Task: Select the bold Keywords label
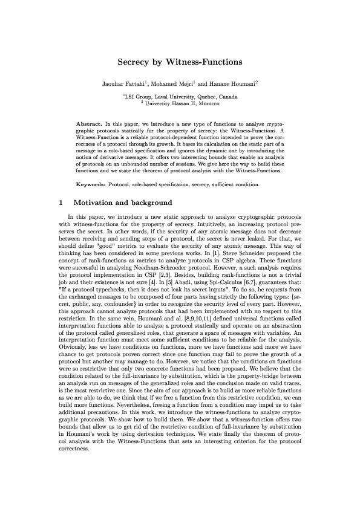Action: [92, 183]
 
